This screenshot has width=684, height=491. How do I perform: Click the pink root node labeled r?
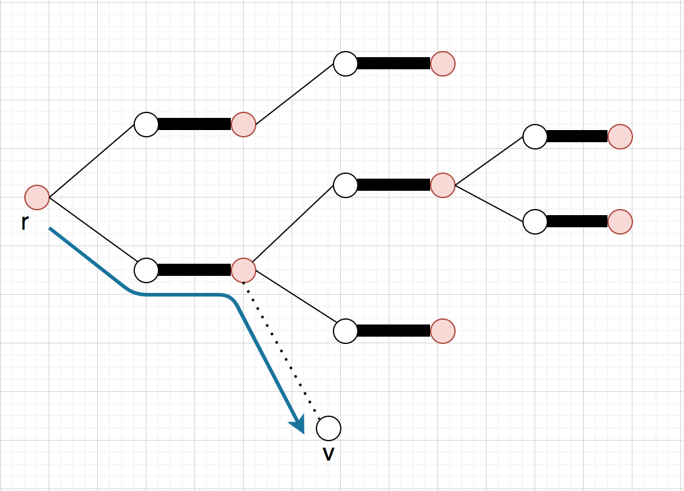tap(37, 197)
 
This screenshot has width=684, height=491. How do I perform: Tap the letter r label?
tap(24, 223)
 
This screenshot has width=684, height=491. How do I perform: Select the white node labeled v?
tap(329, 428)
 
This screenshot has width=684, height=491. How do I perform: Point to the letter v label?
tap(329, 453)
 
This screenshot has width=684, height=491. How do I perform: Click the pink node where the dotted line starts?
tap(244, 270)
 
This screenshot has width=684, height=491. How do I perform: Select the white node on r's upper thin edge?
tap(146, 125)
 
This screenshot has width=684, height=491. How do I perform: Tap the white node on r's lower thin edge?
tap(146, 270)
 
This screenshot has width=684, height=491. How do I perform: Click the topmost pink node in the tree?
tap(443, 64)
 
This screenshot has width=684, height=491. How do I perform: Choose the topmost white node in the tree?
tap(346, 64)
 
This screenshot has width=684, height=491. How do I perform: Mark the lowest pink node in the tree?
tap(443, 331)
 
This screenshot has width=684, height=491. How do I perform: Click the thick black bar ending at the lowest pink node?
tap(394, 331)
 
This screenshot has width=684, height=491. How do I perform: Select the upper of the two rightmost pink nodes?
tap(620, 137)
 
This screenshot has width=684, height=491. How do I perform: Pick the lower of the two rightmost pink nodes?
tap(620, 222)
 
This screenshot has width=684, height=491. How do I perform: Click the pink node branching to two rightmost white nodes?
tap(443, 185)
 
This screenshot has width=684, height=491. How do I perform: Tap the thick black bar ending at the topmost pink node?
tap(394, 64)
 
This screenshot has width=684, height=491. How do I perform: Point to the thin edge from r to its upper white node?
tap(92, 161)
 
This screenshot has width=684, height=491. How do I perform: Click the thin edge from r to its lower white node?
tap(92, 234)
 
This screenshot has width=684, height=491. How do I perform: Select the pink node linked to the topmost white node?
tap(244, 125)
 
